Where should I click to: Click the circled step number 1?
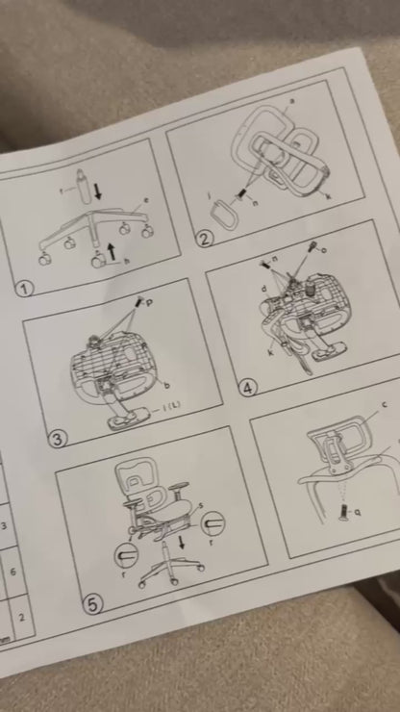pos(25,287)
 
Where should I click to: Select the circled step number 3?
pos(59,438)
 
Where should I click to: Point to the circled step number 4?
pos(249,388)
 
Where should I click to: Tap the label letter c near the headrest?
pos(385,405)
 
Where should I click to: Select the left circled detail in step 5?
pos(126,555)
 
